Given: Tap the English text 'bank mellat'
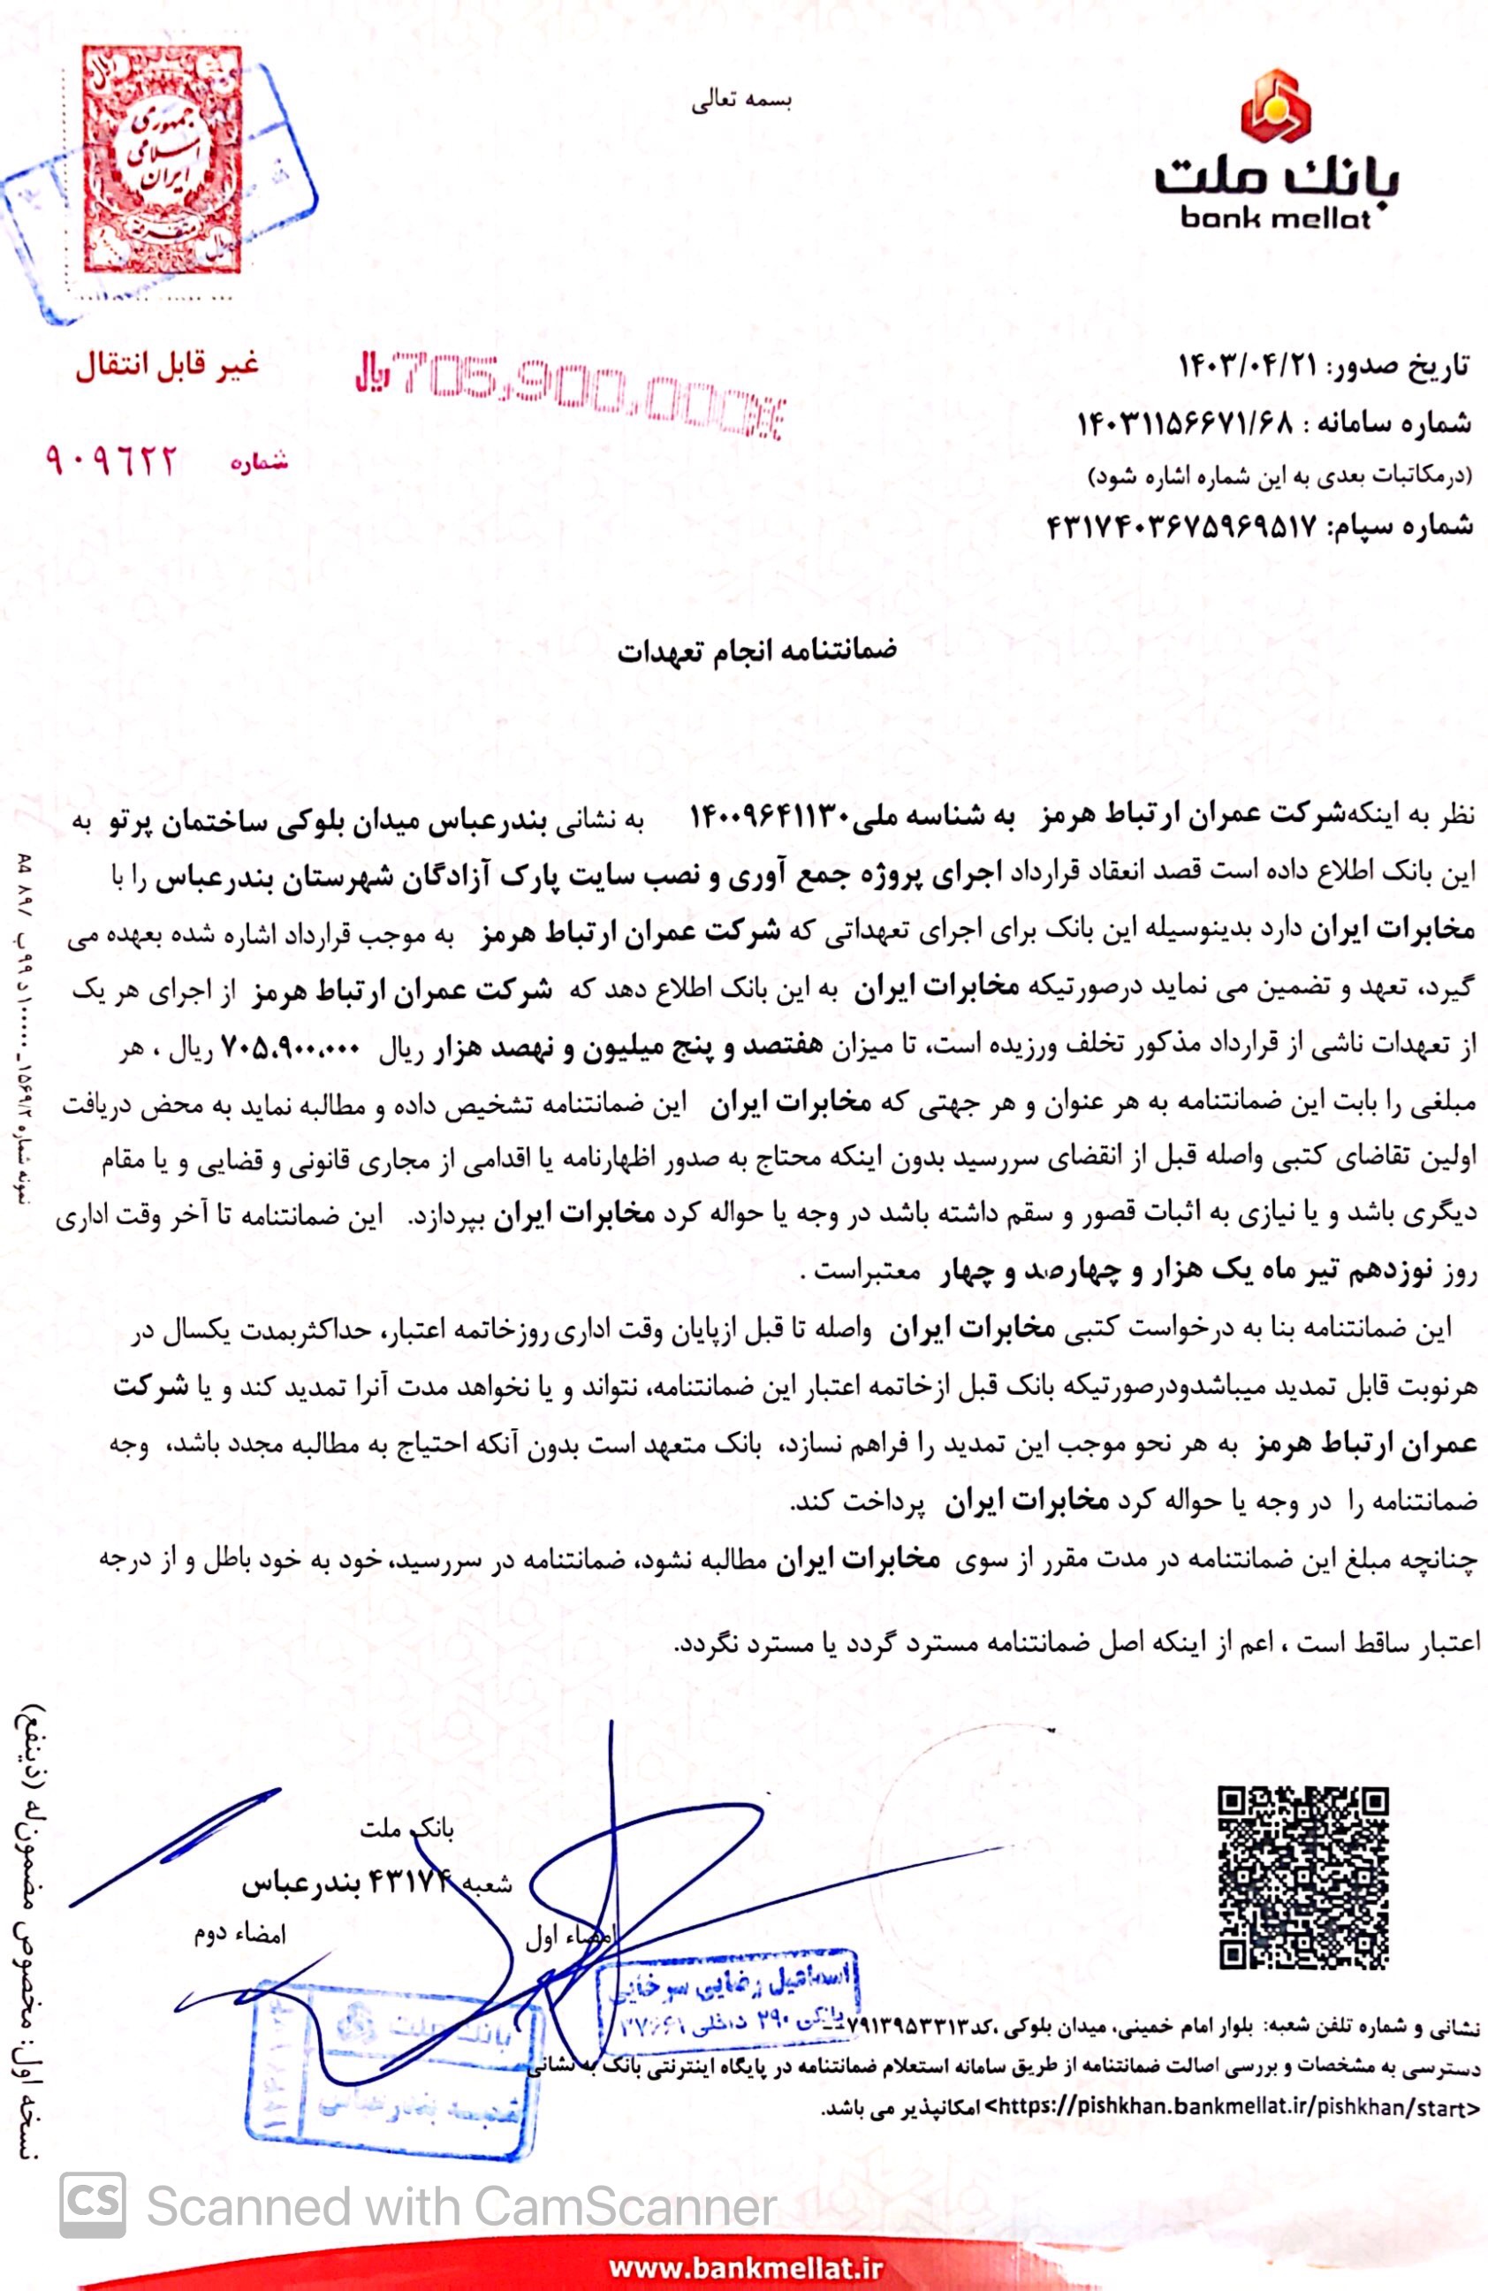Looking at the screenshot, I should [x=1276, y=219].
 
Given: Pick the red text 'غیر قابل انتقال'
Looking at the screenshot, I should [x=169, y=367].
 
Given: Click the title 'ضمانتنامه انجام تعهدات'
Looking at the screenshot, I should [x=756, y=651].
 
